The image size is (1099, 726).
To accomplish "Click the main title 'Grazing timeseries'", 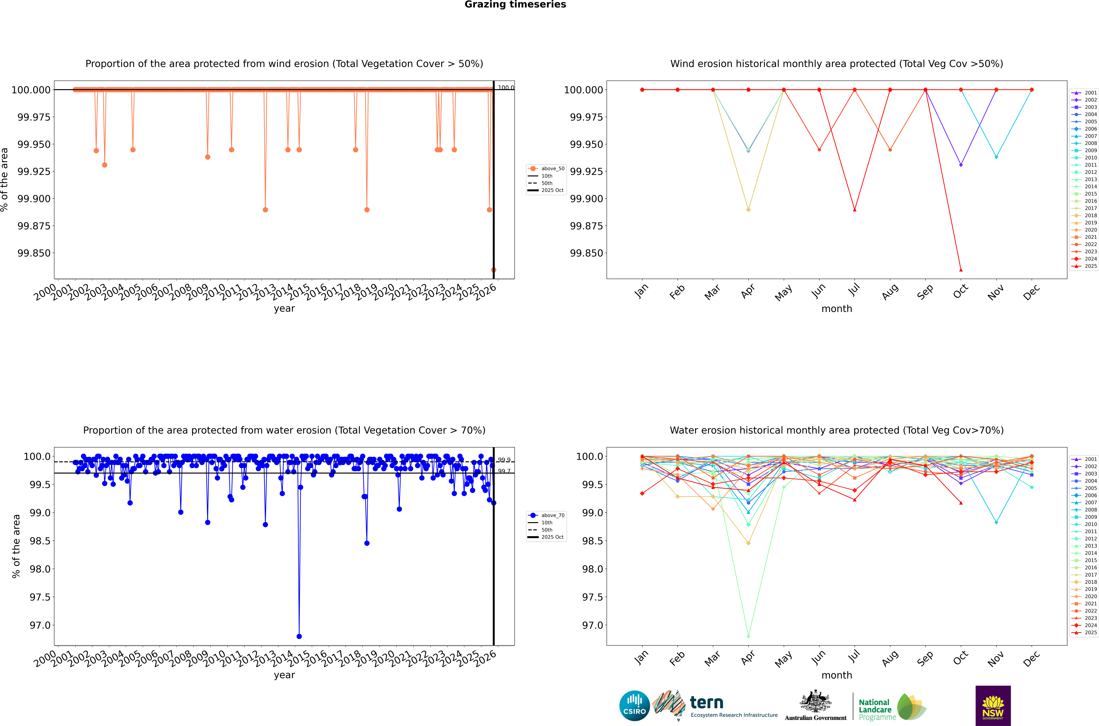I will click(x=515, y=5).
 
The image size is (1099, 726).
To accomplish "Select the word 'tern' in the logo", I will click(x=706, y=702).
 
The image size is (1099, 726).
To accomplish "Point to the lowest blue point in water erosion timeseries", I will click(x=299, y=636).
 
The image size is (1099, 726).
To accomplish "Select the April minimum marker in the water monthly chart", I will click(x=748, y=636).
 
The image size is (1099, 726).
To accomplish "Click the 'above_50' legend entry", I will click(x=553, y=169).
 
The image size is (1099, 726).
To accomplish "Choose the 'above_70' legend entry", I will click(x=553, y=515).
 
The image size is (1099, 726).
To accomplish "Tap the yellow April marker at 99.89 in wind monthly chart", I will click(x=748, y=210).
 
